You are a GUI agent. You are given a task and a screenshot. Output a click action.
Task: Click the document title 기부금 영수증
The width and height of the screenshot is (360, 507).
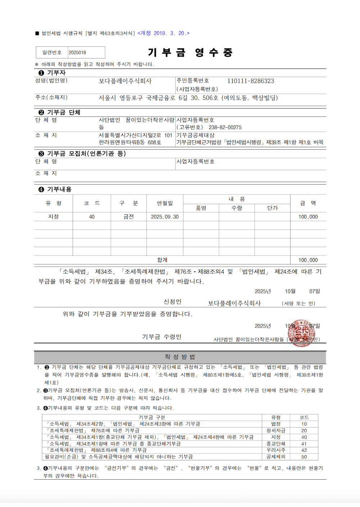pyautogui.click(x=190, y=53)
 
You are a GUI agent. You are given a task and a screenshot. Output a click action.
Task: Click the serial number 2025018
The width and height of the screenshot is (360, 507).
pyautogui.click(x=77, y=53)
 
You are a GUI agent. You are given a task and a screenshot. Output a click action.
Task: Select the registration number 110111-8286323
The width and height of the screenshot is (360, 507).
pyautogui.click(x=251, y=81)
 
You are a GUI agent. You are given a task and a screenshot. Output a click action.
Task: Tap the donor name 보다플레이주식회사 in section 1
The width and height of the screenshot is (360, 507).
pyautogui.click(x=125, y=81)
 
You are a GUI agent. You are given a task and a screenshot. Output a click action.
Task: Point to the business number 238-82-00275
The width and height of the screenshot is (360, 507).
pyautogui.click(x=225, y=127)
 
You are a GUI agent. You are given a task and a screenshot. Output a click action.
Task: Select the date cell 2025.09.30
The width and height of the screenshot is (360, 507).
pyautogui.click(x=165, y=217)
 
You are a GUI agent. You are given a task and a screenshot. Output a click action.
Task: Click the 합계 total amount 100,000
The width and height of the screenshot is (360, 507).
pyautogui.click(x=308, y=260)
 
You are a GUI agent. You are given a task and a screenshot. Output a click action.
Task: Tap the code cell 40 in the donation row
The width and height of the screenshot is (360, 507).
pyautogui.click(x=92, y=217)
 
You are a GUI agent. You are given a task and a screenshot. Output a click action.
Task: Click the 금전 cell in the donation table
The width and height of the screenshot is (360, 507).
pyautogui.click(x=129, y=217)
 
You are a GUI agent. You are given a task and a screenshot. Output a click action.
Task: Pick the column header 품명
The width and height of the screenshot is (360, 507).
pyautogui.click(x=201, y=208)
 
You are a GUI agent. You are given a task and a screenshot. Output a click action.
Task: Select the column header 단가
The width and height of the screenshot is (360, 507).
pyautogui.click(x=273, y=208)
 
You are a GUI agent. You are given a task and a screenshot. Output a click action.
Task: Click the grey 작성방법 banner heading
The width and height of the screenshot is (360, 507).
pyautogui.click(x=180, y=357)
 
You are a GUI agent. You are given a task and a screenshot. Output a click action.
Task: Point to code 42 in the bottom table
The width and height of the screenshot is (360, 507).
pyautogui.click(x=304, y=450)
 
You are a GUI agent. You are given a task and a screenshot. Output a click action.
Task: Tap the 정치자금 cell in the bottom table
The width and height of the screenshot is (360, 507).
pyautogui.click(x=276, y=431)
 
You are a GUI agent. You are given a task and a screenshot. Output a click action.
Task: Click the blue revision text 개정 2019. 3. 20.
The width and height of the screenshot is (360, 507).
pyautogui.click(x=163, y=33)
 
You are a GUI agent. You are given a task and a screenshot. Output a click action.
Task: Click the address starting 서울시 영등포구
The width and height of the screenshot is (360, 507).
pyautogui.click(x=188, y=98)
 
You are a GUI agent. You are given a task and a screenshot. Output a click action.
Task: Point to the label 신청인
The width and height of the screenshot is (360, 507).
pyautogui.click(x=172, y=302)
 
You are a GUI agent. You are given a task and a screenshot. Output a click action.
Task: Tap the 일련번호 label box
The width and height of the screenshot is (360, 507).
pyautogui.click(x=52, y=53)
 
